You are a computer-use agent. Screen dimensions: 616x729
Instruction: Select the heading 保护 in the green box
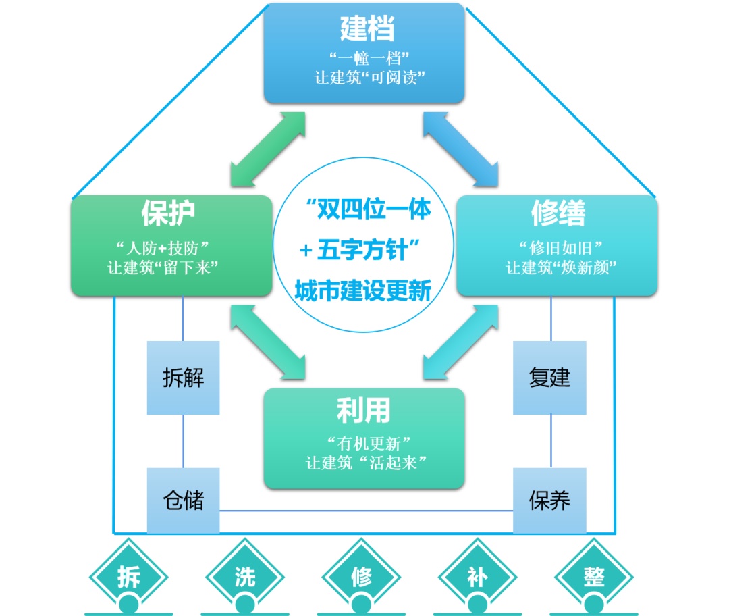pos(169,213)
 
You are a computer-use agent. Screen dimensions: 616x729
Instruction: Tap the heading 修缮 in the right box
pos(558,213)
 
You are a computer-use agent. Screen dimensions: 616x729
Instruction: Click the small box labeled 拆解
pos(184,378)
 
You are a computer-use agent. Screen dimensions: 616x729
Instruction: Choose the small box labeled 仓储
pos(184,500)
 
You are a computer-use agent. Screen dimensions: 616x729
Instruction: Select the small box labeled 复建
pos(549,378)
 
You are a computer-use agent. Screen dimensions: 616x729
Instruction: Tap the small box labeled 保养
pos(549,500)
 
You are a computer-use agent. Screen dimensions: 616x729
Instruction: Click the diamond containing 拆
pos(129,576)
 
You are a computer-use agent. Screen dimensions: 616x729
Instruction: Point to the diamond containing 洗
pos(245,576)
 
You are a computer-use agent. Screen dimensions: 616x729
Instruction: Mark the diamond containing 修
pos(362,576)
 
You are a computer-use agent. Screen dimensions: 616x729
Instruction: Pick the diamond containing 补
pos(478,576)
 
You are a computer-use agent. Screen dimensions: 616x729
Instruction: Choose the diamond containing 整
pos(595,576)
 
